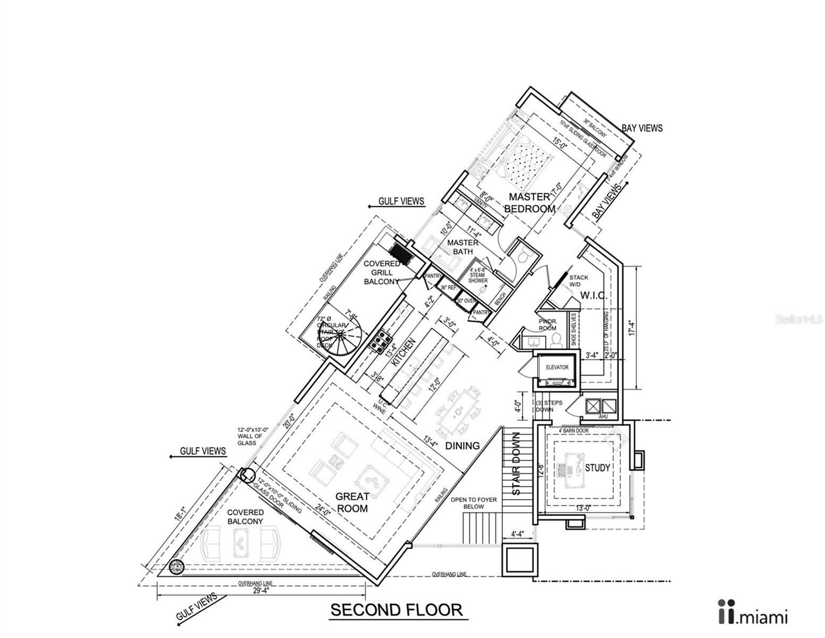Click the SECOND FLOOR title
click(397, 609)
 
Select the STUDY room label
click(597, 468)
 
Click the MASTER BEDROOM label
click(529, 203)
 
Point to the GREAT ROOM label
click(352, 502)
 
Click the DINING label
click(462, 446)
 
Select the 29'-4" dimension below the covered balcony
click(261, 591)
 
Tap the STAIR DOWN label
click(516, 464)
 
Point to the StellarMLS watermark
click(799, 320)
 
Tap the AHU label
click(603, 417)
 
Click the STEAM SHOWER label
click(478, 278)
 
